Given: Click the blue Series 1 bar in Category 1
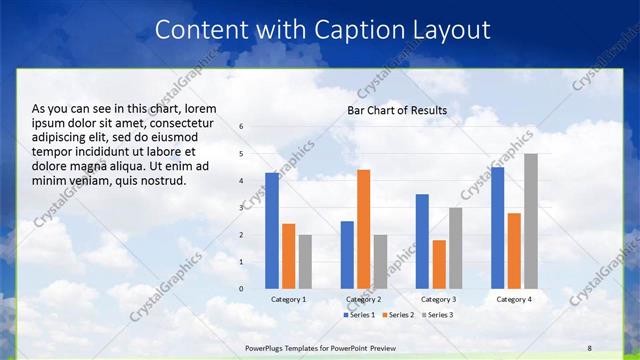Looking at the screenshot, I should pos(272,231).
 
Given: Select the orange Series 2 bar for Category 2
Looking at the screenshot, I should pos(363,229).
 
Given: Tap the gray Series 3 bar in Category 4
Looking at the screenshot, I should pos(531,221).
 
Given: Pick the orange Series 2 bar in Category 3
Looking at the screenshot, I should pos(439,264).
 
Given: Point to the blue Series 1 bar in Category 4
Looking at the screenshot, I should pos(498,228).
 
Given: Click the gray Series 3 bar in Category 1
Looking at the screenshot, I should pos(305,262).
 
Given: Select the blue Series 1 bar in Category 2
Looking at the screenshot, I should pos(347,255).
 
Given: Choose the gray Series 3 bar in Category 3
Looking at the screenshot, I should pos(455,248).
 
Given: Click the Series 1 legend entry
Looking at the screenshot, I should pos(360,315).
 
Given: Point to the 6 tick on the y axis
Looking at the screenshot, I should pos(241,126).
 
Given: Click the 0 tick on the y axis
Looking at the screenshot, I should pos(241,289).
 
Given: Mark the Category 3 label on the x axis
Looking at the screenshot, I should pos(439,299).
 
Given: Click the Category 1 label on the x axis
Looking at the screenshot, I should pos(288,299).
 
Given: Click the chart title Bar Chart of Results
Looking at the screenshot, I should pos(397,110).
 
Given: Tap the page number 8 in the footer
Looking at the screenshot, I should pos(589,347).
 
